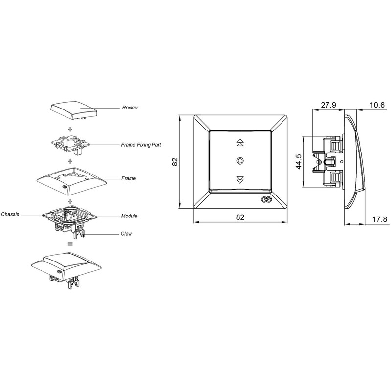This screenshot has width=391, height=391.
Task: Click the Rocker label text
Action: point(130,108)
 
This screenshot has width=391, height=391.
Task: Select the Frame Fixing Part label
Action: point(141,145)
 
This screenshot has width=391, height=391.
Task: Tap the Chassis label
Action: point(10,214)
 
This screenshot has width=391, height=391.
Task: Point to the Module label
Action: point(129,216)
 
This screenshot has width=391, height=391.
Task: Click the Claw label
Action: point(126,234)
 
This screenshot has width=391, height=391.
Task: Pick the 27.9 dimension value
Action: point(328,105)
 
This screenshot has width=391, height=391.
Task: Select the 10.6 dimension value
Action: point(377,105)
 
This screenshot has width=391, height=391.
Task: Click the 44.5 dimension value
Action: point(299,162)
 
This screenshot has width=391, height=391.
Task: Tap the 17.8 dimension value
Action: point(380,219)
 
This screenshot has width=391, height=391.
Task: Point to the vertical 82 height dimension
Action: point(175,162)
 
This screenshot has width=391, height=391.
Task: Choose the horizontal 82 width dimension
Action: point(240,217)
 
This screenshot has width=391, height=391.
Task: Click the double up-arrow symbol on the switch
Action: point(240,142)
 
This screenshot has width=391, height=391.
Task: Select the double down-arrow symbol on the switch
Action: point(240,180)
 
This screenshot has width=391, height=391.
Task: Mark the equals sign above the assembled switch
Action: point(70,244)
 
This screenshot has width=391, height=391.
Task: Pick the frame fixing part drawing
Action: point(70,145)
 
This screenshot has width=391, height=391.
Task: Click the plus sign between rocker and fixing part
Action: point(70,129)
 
